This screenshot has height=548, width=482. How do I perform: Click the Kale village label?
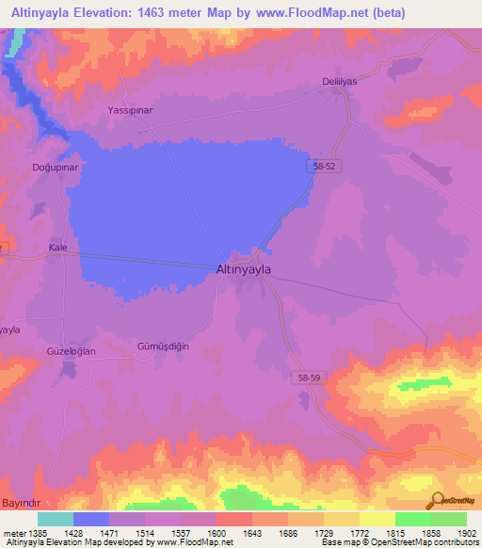58,248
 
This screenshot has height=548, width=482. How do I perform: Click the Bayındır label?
22,505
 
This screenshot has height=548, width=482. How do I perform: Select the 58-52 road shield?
323,166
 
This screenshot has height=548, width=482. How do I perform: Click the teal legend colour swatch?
56,519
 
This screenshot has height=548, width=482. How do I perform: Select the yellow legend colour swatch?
378,519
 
